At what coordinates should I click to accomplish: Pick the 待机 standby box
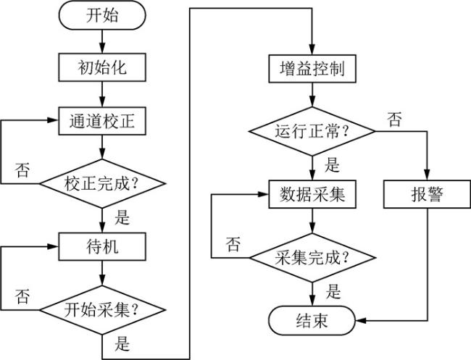pyautogui.click(x=102, y=247)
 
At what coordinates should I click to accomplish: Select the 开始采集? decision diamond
pyautogui.click(x=102, y=309)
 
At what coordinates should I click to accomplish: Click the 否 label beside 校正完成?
pyautogui.click(x=22, y=172)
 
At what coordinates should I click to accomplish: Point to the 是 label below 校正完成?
pyautogui.click(x=122, y=216)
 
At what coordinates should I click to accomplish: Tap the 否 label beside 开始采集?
pyautogui.click(x=22, y=296)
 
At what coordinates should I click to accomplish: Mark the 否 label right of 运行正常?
pyautogui.click(x=394, y=120)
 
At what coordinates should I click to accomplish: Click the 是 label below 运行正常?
pyautogui.click(x=331, y=164)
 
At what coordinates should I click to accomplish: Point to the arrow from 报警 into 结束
pyautogui.click(x=391, y=319)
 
